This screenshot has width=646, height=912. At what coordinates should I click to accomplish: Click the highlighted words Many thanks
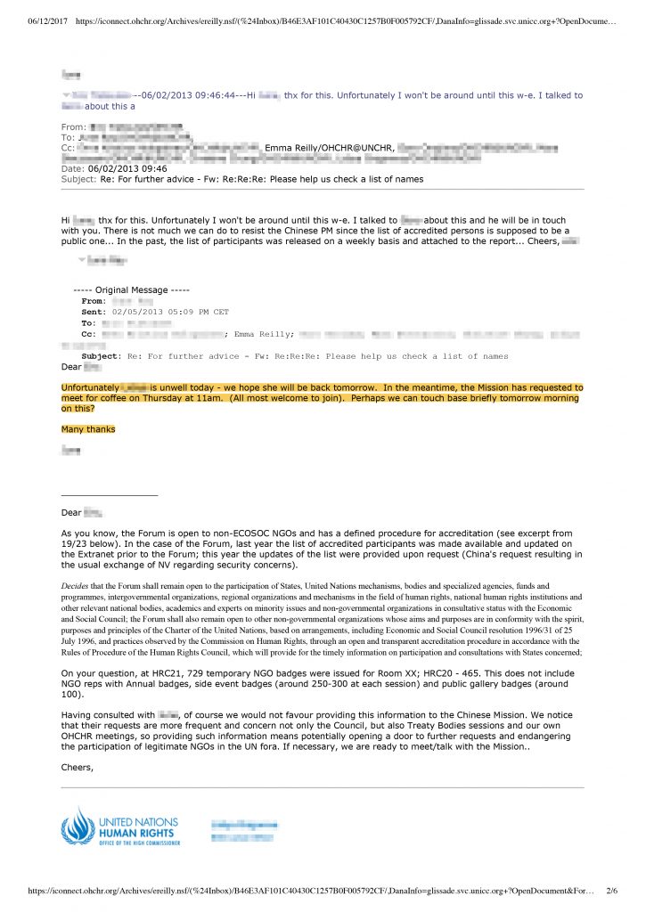click(x=88, y=429)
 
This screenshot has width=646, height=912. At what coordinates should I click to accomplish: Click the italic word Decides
click(x=78, y=585)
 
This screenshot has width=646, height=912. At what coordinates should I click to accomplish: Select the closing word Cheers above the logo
click(x=77, y=767)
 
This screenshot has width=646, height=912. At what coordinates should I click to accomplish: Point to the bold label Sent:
click(x=93, y=312)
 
